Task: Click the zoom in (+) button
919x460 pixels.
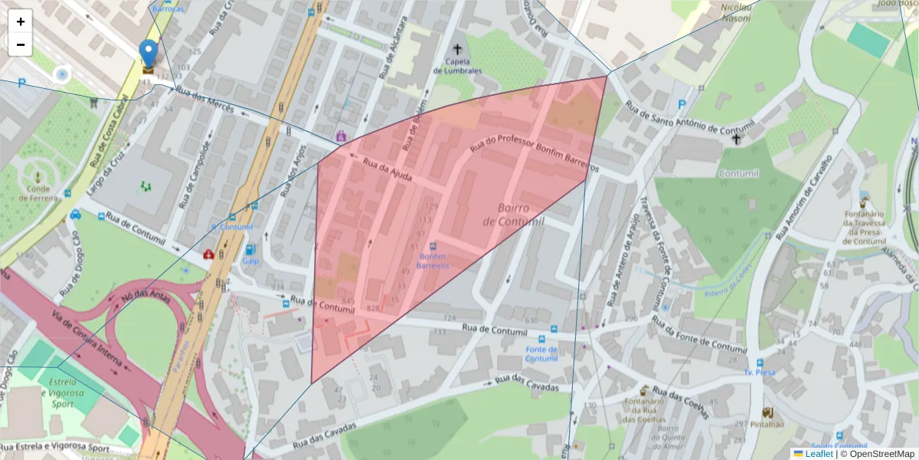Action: pos(21,21)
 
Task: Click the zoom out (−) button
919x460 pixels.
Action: pos(21,44)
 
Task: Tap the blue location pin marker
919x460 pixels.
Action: pos(149,54)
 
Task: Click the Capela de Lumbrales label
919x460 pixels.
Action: pos(458,66)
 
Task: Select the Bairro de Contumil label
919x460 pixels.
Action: pos(512,215)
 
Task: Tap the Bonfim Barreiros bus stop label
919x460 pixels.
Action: pos(433,261)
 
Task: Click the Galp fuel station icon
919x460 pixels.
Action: pos(250,250)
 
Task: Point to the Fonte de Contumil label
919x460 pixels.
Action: pos(541,353)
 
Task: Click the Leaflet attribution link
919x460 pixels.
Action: pos(818,454)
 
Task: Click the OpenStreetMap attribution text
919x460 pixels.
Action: pos(877,454)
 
